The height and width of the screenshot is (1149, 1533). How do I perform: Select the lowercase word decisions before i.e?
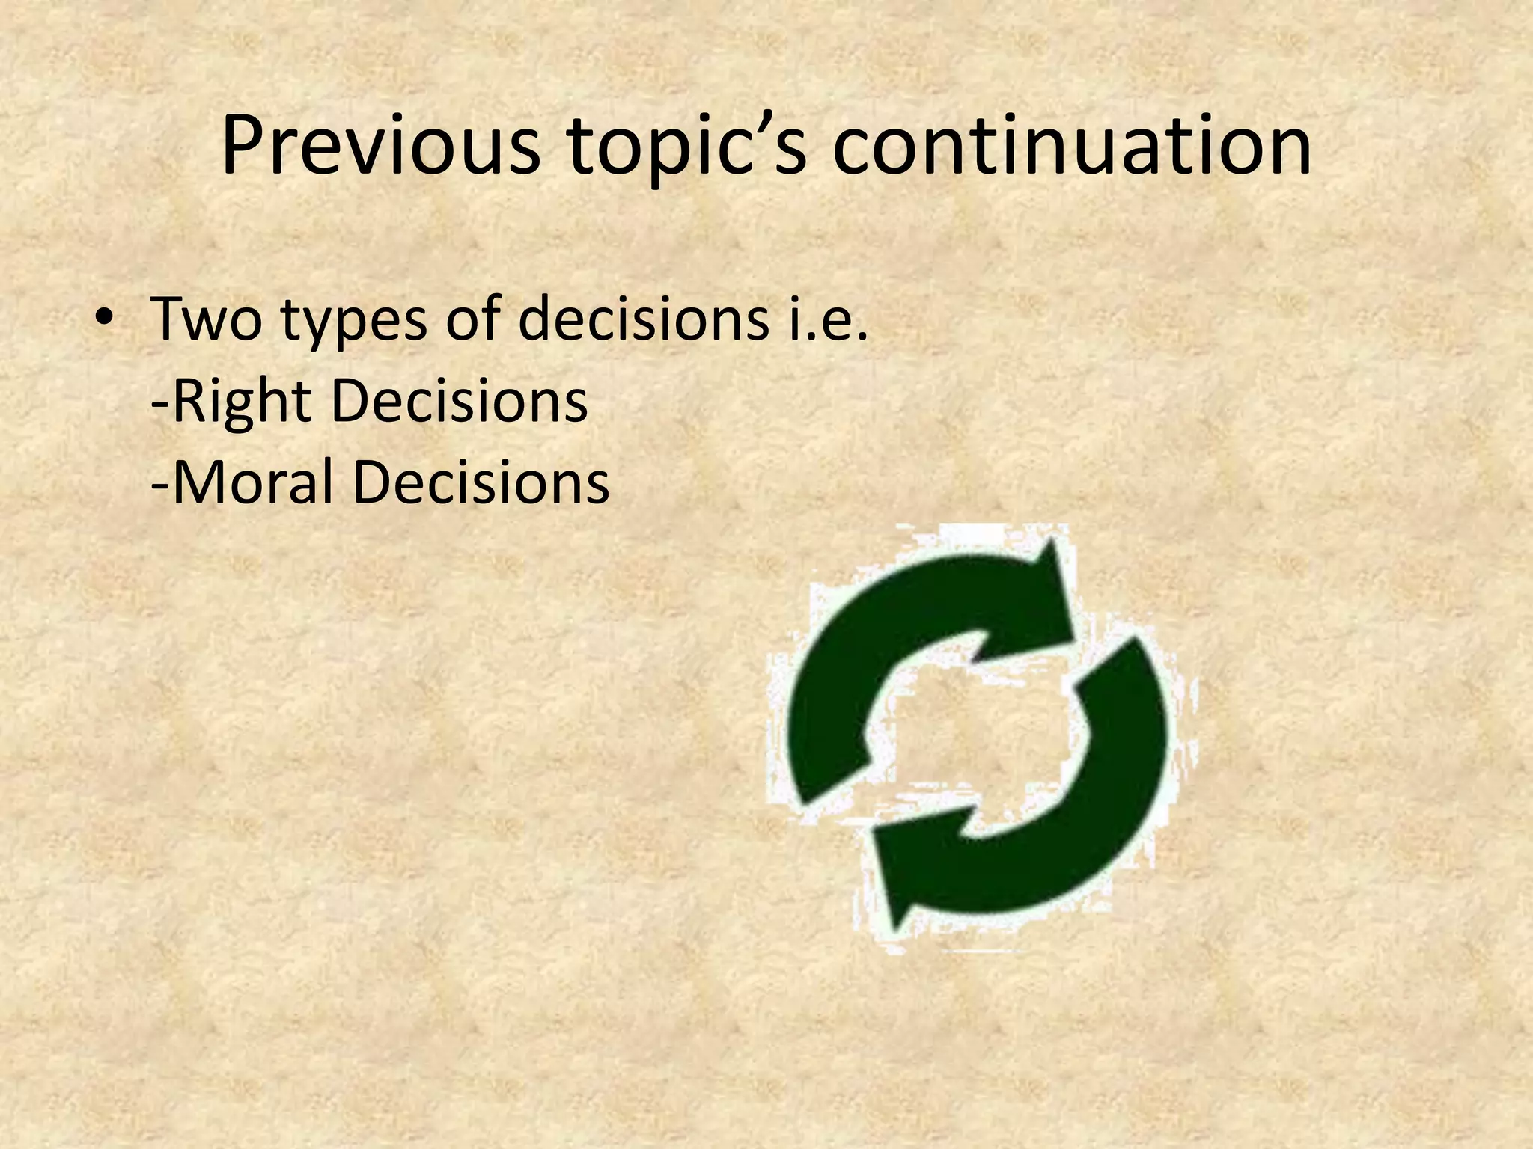pyautogui.click(x=643, y=319)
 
